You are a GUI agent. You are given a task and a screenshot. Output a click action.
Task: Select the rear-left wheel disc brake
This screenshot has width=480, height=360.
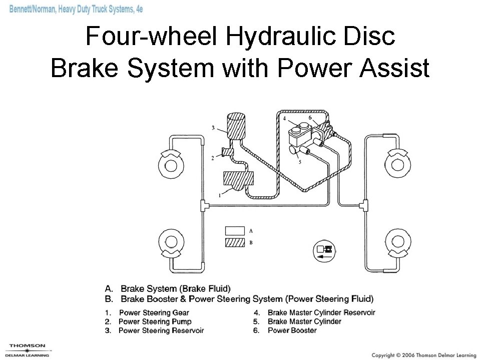click(x=170, y=243)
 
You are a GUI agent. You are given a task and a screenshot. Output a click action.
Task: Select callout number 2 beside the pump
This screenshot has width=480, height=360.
click(x=213, y=158)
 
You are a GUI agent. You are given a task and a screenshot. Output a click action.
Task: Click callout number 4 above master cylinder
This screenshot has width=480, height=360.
click(x=284, y=119)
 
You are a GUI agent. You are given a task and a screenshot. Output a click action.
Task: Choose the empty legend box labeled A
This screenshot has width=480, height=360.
click(x=235, y=231)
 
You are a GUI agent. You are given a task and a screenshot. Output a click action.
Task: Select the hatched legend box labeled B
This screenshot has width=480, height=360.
click(x=235, y=243)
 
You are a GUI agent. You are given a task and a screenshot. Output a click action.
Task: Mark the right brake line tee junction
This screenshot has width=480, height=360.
click(x=366, y=205)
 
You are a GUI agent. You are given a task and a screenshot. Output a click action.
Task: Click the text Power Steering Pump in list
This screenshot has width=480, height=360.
click(x=155, y=321)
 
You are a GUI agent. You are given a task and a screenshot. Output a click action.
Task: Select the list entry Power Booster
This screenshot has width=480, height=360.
click(x=292, y=330)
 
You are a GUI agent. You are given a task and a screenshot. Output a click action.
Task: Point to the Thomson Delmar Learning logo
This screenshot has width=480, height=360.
click(x=28, y=349)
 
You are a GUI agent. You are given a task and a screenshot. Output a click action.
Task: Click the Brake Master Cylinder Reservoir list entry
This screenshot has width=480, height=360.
click(x=321, y=312)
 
